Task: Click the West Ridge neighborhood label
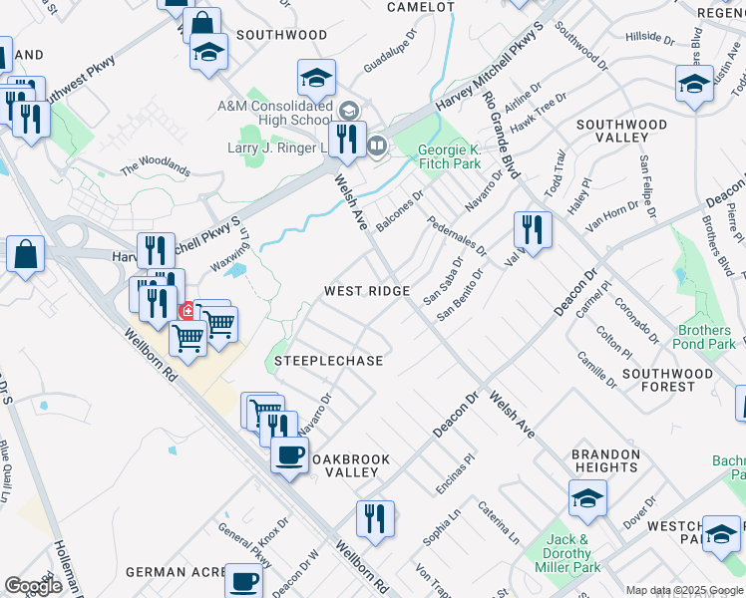point(367,291)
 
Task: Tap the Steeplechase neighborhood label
point(328,361)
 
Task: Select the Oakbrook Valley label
point(348,466)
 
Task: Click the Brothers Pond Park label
point(704,337)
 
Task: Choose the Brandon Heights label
point(604,459)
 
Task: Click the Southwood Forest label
point(667,380)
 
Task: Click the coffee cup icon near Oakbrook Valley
point(289,455)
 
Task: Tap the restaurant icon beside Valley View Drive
point(533,229)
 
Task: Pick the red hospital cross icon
point(186,312)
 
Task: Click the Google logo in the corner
point(33,586)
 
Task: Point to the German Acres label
point(171,572)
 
